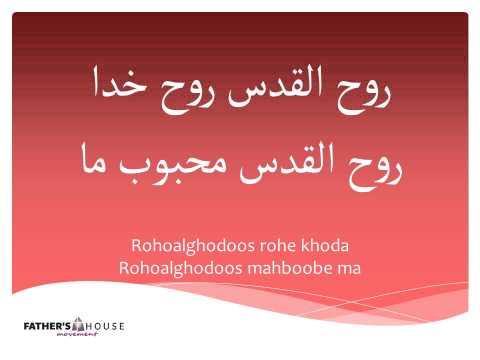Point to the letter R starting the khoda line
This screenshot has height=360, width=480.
[136, 245]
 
